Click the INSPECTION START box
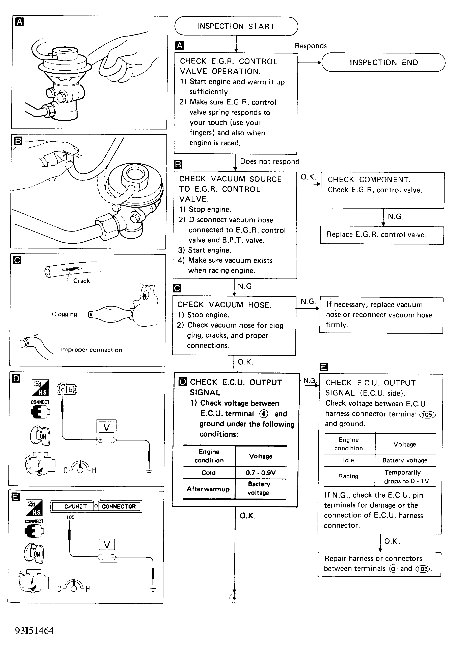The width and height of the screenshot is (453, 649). (236, 26)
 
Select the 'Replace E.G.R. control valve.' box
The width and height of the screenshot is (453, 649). (382, 235)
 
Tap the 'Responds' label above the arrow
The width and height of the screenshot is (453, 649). (311, 46)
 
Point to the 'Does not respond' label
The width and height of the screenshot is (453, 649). (270, 161)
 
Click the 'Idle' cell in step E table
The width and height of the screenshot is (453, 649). (348, 460)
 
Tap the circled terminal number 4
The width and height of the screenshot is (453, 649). (264, 414)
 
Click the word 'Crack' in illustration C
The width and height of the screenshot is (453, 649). (81, 281)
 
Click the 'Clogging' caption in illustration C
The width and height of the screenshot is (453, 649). (64, 314)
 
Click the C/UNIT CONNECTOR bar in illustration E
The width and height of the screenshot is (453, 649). (96, 506)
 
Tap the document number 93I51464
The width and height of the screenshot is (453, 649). (34, 631)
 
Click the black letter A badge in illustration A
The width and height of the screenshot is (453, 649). (20, 22)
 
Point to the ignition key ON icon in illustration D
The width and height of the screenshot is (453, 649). (40, 436)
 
